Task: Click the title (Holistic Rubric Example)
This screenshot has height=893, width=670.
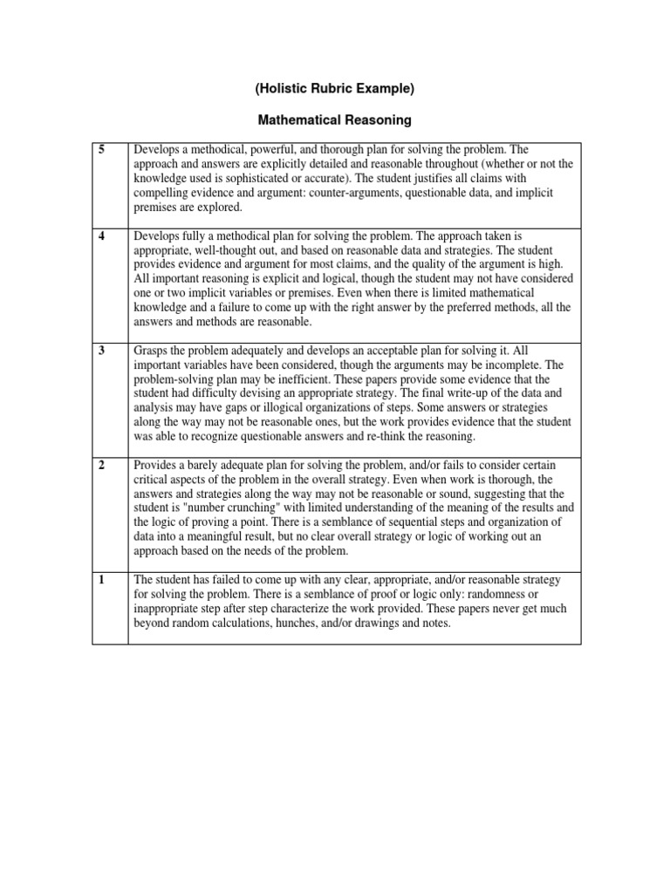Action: coord(335,89)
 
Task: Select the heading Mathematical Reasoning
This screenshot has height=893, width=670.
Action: coord(335,119)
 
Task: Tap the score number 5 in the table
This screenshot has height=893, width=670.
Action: coord(102,150)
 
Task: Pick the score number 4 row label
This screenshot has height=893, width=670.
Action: coord(102,236)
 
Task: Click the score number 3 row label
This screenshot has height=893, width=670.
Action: coord(102,350)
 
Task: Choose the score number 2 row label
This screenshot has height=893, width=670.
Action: coord(102,465)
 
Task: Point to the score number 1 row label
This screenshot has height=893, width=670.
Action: coord(102,580)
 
